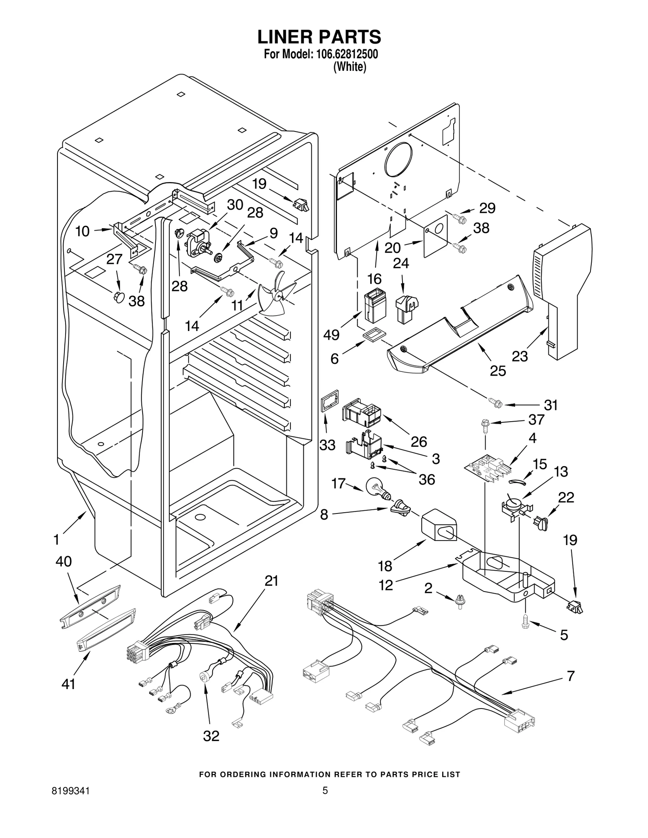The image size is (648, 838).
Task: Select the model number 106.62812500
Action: [x=344, y=55]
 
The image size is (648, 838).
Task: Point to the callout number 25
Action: [x=498, y=371]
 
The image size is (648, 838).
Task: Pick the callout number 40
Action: [x=64, y=561]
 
